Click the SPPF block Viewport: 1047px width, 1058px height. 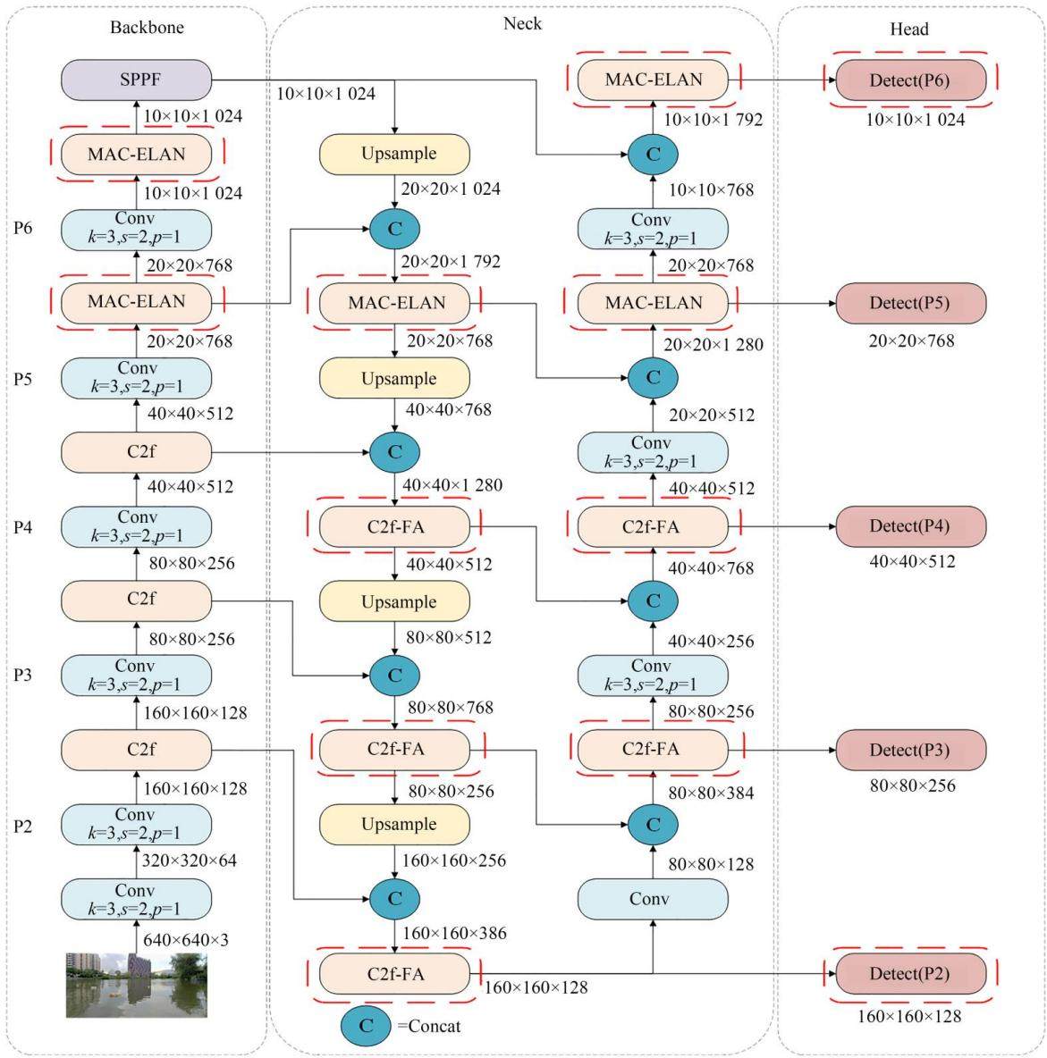point(137,80)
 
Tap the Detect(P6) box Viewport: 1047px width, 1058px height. point(910,80)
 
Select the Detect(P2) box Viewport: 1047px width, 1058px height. point(910,973)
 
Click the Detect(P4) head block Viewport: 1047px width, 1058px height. point(910,526)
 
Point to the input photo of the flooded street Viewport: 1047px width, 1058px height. point(137,985)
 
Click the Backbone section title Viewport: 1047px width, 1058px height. point(147,27)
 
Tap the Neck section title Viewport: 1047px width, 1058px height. point(522,23)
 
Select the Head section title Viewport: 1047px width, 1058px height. point(908,29)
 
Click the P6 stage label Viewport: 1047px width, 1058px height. point(23,228)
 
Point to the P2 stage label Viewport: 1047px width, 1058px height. point(23,827)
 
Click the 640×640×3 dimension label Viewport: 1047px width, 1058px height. point(186,939)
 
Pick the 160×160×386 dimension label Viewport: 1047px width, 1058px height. point(454,933)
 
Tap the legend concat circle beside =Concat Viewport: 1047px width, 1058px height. point(366,1027)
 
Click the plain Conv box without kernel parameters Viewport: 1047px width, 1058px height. point(653,899)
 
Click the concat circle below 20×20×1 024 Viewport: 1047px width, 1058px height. point(395,229)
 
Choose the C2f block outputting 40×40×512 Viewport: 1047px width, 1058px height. point(137,452)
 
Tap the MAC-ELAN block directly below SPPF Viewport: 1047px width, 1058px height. point(137,154)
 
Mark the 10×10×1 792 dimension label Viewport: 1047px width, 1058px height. point(713,120)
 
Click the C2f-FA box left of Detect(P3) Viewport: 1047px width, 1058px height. point(653,750)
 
